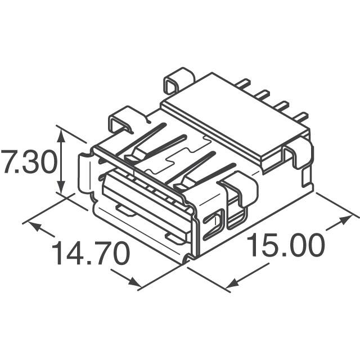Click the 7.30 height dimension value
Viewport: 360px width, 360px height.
(28, 163)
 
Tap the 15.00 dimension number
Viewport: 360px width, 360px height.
(287, 246)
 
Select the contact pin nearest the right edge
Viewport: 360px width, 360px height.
(301, 117)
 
